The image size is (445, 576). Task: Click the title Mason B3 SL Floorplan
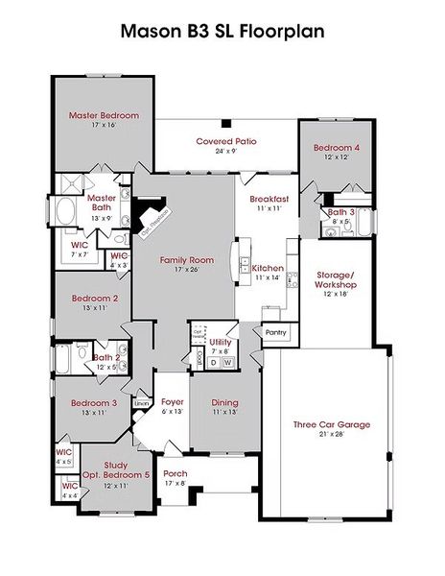click(222, 31)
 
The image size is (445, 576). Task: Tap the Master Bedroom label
click(104, 115)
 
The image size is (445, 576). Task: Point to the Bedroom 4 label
click(337, 148)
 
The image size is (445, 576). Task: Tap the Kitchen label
click(268, 268)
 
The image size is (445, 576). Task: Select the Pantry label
click(275, 331)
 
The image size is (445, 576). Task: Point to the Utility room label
click(221, 342)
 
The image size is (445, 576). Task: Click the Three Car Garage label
click(331, 424)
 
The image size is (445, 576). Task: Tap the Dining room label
click(224, 402)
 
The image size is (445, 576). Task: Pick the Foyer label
click(172, 402)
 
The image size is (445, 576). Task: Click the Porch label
click(176, 473)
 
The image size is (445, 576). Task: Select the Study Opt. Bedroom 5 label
click(114, 470)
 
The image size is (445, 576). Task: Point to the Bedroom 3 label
click(94, 403)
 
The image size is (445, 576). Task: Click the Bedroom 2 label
click(95, 298)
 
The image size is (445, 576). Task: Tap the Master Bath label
click(102, 203)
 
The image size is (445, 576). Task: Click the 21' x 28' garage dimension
click(331, 435)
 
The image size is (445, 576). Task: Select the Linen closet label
click(141, 403)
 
